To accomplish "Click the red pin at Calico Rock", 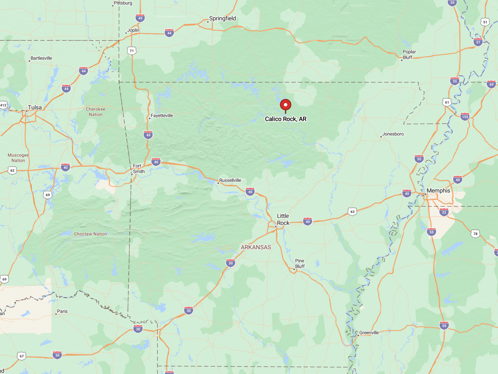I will (285, 105).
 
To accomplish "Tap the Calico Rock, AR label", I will (286, 119).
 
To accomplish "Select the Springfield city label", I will (222, 18).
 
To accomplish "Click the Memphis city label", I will (438, 190).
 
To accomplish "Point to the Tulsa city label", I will (35, 108).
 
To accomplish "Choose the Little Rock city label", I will (283, 219).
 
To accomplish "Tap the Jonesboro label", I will (393, 134).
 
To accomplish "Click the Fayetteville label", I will (162, 116).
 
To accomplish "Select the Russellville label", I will (230, 180).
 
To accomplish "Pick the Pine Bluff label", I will (300, 264).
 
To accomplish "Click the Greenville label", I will (369, 333).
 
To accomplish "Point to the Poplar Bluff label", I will (409, 54).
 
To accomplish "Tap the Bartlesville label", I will (41, 58).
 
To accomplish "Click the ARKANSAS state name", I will (256, 247).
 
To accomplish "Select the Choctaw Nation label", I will (90, 234).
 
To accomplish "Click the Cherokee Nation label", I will (96, 112).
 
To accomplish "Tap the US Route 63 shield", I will (352, 212).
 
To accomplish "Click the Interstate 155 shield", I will (465, 117).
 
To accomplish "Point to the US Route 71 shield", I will (132, 51).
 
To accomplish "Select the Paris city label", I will (62, 312).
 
